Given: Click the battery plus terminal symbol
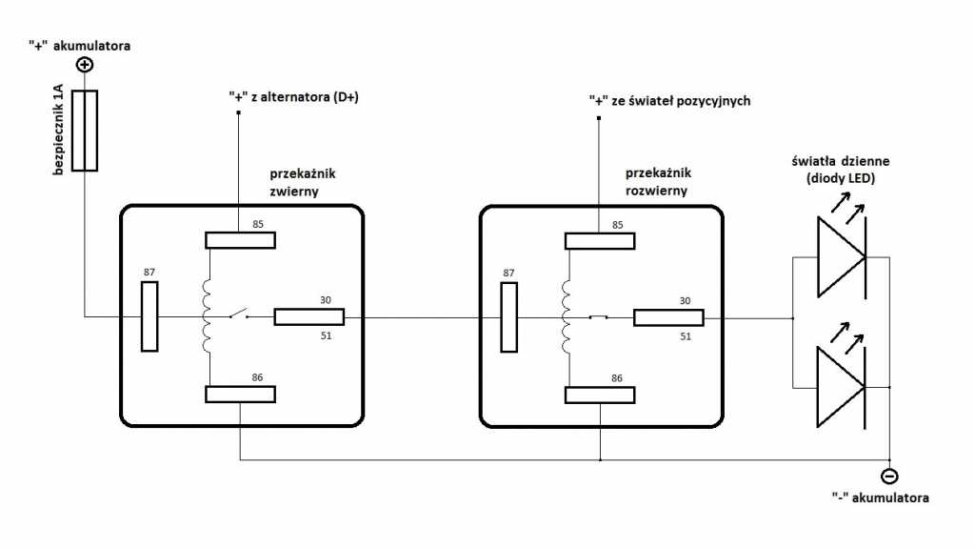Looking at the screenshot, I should (x=85, y=65).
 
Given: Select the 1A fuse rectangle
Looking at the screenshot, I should (x=85, y=131).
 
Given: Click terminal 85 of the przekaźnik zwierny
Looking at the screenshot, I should (x=241, y=239).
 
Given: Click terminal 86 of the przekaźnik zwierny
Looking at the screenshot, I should (x=241, y=395).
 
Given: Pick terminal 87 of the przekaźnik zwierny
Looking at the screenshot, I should (x=149, y=316).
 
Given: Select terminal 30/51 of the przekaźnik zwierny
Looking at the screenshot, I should (x=308, y=316).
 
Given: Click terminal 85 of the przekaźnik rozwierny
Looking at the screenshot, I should (x=600, y=239).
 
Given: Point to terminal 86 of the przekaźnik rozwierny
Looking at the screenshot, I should (x=600, y=395).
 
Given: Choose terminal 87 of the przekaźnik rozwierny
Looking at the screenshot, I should (x=509, y=316).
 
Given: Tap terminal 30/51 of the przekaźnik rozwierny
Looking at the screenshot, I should (x=668, y=317).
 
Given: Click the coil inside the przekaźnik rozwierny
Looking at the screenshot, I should (x=567, y=316).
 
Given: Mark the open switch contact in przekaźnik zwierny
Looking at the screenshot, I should (x=236, y=314).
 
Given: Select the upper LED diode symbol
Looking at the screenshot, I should (x=841, y=257).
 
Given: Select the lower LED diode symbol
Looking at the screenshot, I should (x=841, y=387).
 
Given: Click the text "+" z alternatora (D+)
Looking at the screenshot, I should (x=293, y=96).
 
